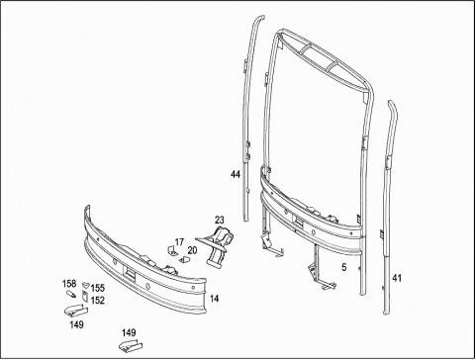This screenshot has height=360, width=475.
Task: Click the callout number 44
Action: click(236, 174)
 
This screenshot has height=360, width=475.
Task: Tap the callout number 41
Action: click(397, 278)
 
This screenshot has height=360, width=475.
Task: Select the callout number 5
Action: click(344, 267)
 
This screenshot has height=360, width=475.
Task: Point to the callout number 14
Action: click(214, 299)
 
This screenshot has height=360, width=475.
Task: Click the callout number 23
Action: click(220, 220)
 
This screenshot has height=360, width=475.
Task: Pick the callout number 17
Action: click(179, 242)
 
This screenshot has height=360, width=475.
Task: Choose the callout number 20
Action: click(192, 250)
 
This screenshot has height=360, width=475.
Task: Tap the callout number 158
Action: click(69, 284)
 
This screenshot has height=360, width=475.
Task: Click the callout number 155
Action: click(98, 288)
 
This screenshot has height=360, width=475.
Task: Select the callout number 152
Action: click(98, 301)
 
